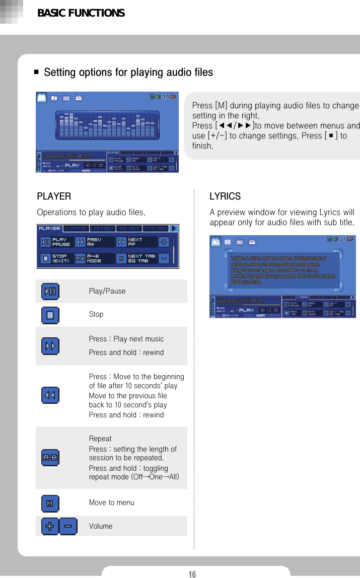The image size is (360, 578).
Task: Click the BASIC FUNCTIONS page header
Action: (81, 13)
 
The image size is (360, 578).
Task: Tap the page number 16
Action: (192, 574)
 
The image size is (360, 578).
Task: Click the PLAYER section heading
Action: (54, 196)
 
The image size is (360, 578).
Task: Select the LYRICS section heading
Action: (225, 196)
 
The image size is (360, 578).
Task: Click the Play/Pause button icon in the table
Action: (50, 291)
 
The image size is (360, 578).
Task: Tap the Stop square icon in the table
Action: (50, 315)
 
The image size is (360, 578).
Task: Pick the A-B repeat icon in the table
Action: (50, 458)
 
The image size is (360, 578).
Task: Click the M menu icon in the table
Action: (50, 503)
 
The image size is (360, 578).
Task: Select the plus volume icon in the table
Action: (50, 526)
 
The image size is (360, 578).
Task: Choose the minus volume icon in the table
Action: (68, 526)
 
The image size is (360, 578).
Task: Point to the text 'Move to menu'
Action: (111, 502)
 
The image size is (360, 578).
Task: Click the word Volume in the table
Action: (101, 526)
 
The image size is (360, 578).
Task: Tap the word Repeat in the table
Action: (100, 439)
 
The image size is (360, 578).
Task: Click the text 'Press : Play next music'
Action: (126, 339)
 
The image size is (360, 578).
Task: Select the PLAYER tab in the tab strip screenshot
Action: (49, 229)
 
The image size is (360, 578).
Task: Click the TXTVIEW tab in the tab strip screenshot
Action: (156, 229)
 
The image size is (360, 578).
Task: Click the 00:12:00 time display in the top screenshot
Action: (94, 164)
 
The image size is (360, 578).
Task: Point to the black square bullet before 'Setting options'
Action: (37, 73)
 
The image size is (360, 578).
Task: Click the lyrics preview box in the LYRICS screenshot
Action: (279, 270)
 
